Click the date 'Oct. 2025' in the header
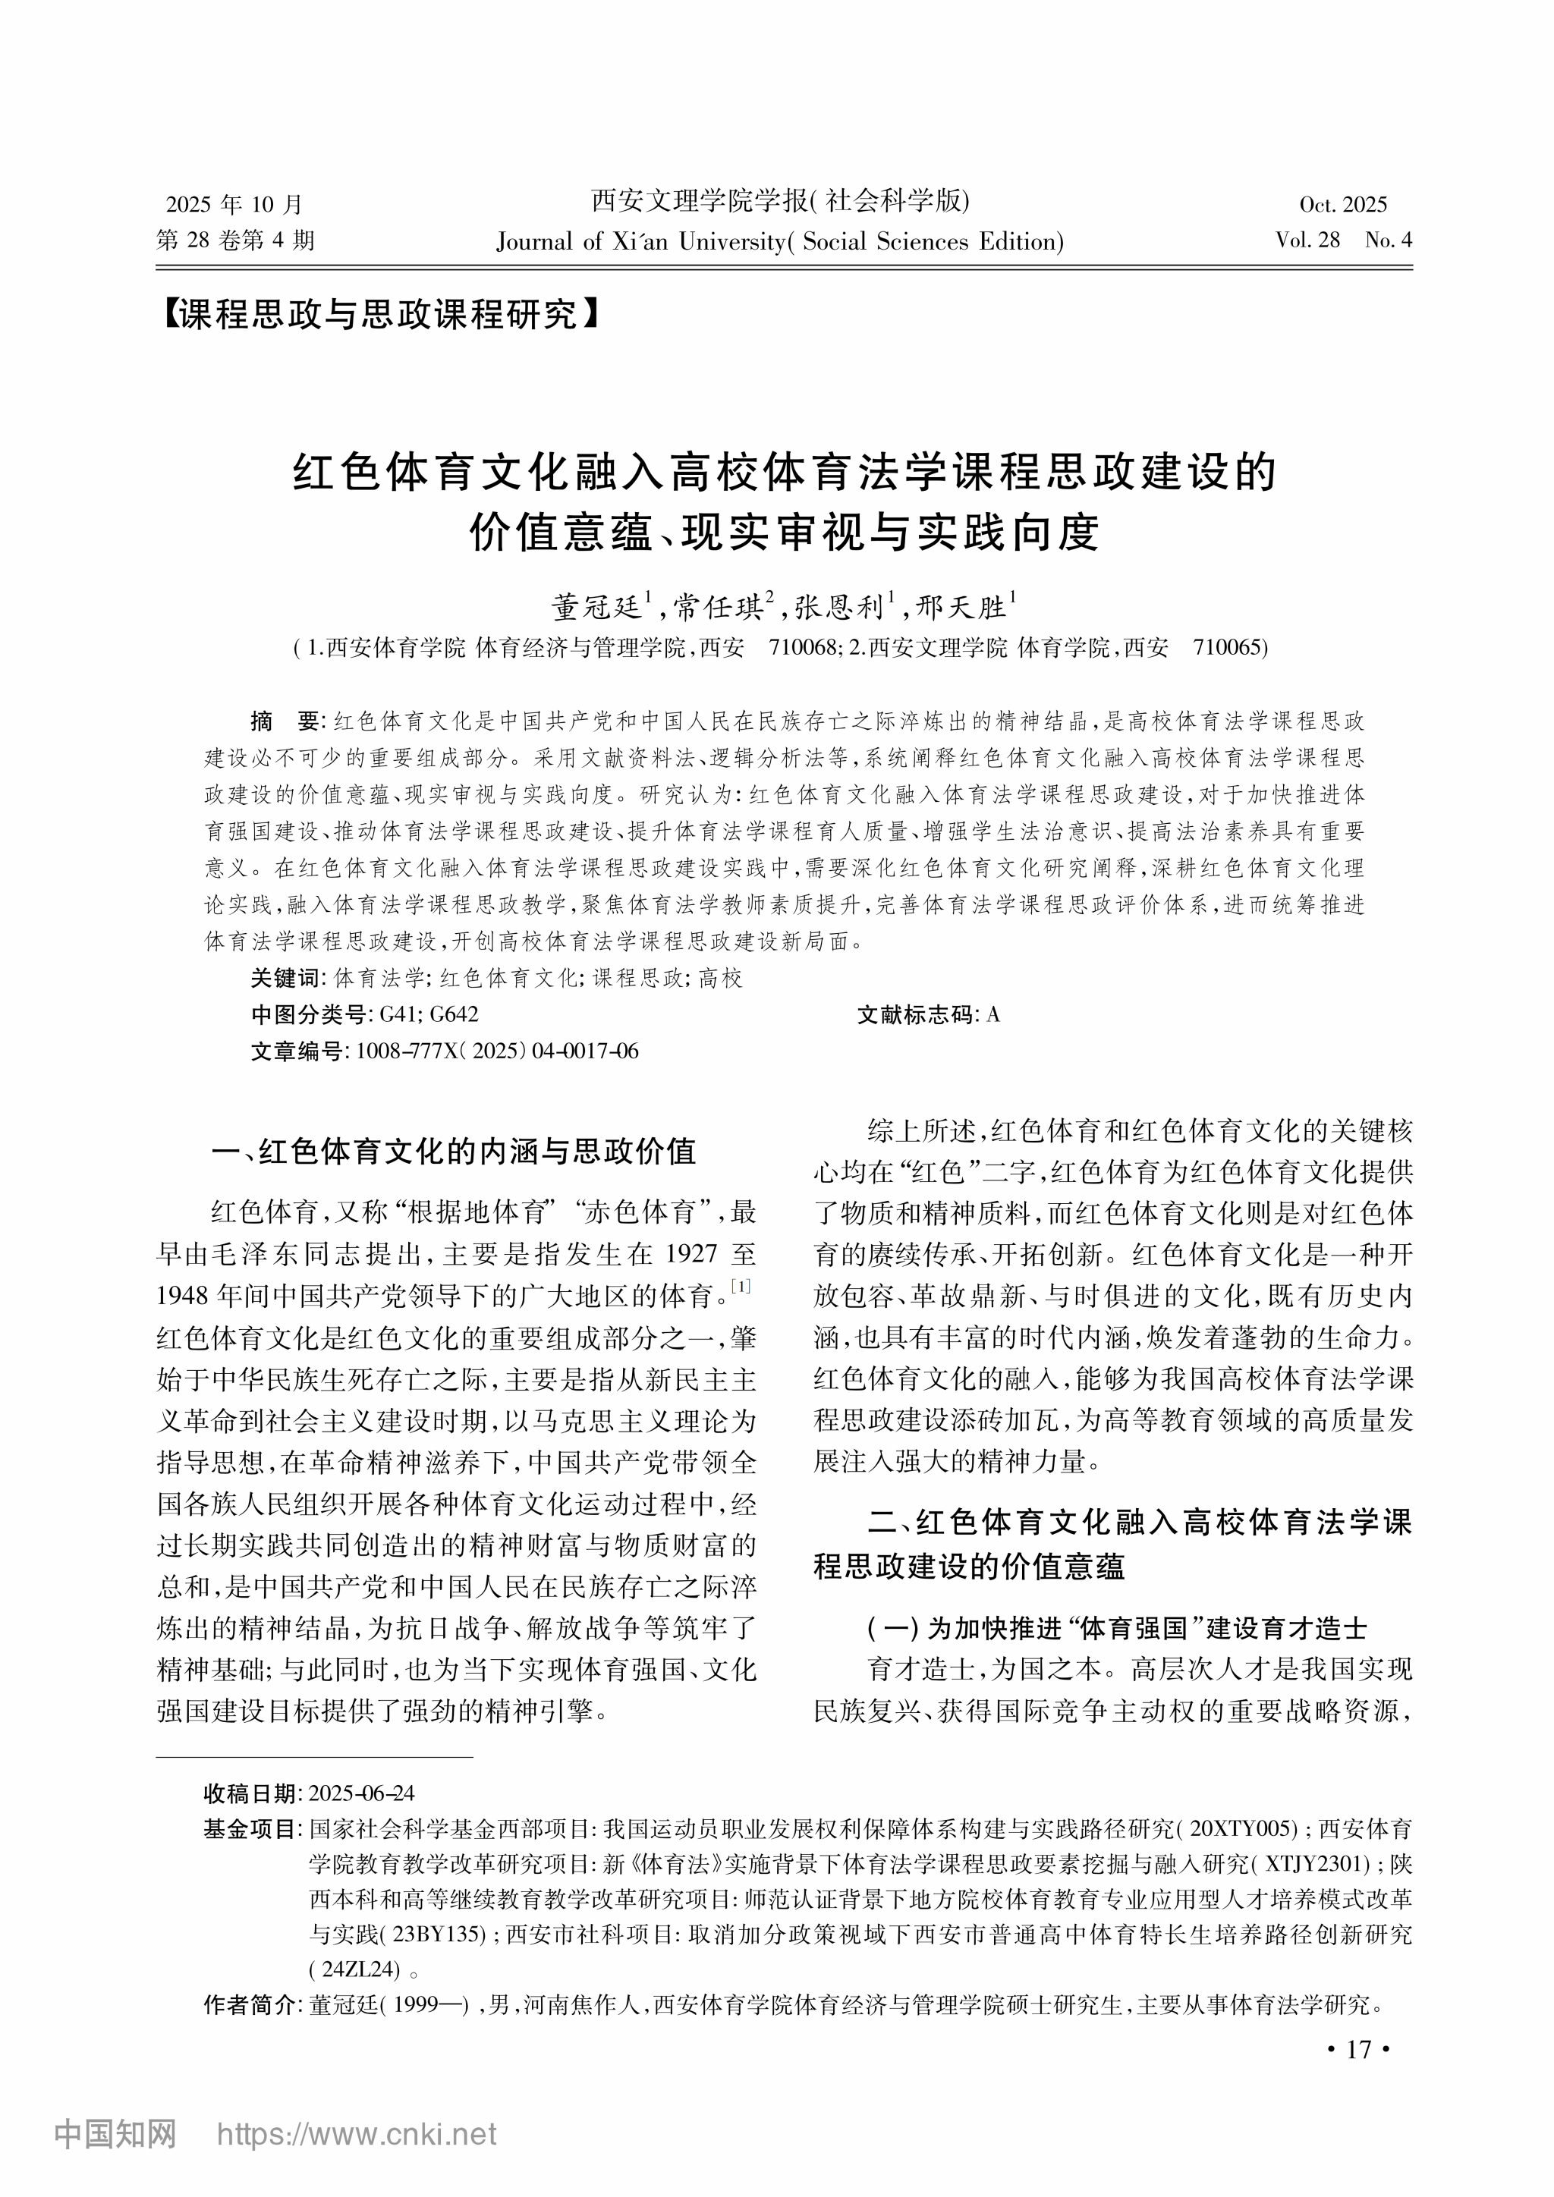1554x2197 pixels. [1342, 204]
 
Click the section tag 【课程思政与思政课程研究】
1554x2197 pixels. [380, 314]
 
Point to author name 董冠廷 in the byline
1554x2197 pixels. [596, 607]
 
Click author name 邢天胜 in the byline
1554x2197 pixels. [961, 607]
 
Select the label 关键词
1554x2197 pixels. [285, 978]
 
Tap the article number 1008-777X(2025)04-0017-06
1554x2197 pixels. [497, 1051]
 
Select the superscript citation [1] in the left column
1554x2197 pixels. [741, 1286]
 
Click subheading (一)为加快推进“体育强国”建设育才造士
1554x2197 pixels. [1117, 1628]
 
